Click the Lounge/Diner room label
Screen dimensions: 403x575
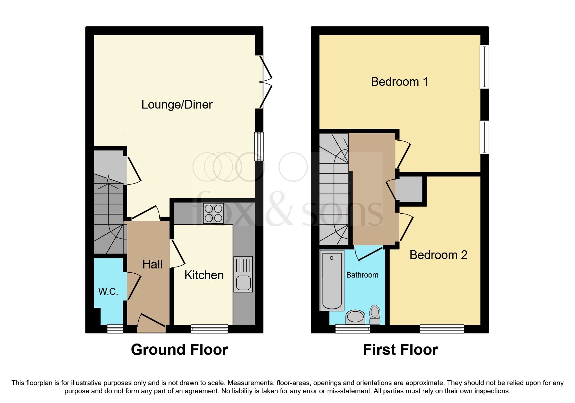click(177, 104)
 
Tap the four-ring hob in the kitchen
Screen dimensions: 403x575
click(213, 213)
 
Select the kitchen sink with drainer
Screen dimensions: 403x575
click(243, 274)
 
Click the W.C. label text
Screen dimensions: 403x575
click(108, 292)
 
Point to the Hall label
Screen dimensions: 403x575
click(152, 264)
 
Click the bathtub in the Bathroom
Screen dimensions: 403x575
click(332, 280)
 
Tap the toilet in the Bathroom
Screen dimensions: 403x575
click(375, 314)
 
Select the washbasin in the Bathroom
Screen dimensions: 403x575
click(355, 317)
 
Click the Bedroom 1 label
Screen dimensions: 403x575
click(399, 82)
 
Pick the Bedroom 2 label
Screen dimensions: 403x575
click(438, 255)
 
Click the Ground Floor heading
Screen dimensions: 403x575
click(179, 350)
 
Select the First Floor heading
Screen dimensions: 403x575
click(400, 350)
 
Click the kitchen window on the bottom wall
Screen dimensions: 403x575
click(209, 329)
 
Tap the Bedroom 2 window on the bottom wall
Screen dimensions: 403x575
click(442, 329)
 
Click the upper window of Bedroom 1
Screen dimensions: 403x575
click(484, 67)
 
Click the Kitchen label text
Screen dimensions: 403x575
click(204, 275)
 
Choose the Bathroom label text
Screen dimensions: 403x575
click(362, 275)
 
